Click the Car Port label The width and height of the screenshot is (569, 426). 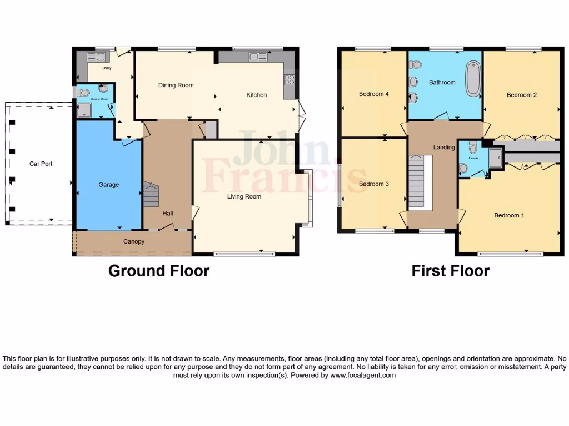pyautogui.click(x=41, y=164)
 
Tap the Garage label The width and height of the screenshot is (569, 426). pyautogui.click(x=109, y=185)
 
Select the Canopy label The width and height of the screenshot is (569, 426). pyautogui.click(x=134, y=241)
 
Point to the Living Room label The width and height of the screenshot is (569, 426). pyautogui.click(x=244, y=196)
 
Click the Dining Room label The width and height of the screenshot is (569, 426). pyautogui.click(x=176, y=85)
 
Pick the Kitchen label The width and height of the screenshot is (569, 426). pyautogui.click(x=257, y=95)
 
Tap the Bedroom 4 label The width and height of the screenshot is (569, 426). pyautogui.click(x=373, y=94)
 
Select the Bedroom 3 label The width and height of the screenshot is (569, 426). pyautogui.click(x=373, y=184)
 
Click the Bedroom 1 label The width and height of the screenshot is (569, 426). pyautogui.click(x=509, y=215)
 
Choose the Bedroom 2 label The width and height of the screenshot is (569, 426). pyautogui.click(x=521, y=95)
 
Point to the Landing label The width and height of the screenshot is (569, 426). pyautogui.click(x=445, y=147)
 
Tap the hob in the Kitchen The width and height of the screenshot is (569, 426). pyautogui.click(x=289, y=79)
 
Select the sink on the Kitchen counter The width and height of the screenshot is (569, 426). pyautogui.click(x=258, y=56)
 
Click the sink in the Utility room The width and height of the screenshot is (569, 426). pyautogui.click(x=97, y=57)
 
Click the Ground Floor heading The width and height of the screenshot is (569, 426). pyautogui.click(x=159, y=271)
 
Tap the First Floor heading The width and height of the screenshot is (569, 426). pyautogui.click(x=450, y=271)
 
